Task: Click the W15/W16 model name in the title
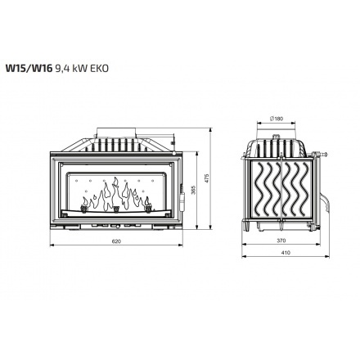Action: [29, 69]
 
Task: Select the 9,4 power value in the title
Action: [63, 69]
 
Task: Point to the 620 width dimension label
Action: [116, 241]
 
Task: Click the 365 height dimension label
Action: [194, 190]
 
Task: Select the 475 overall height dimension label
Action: [207, 178]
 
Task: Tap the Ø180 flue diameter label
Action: [277, 119]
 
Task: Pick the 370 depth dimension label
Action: [281, 241]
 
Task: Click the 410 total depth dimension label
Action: [286, 253]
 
